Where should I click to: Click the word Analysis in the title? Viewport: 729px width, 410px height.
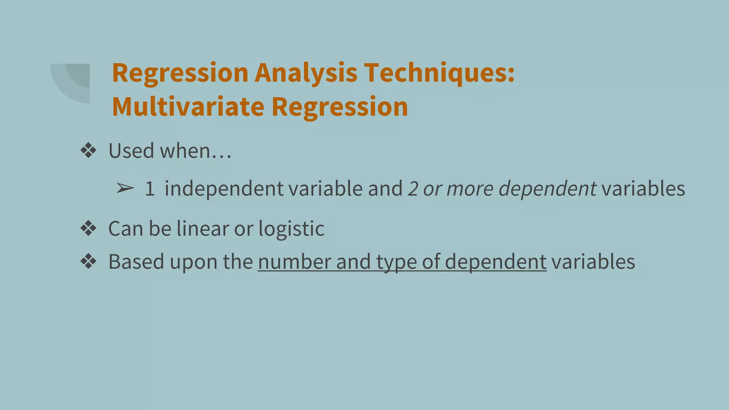point(306,73)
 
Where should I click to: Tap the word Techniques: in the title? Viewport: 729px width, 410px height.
point(439,73)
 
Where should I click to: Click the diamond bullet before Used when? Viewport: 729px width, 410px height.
point(88,151)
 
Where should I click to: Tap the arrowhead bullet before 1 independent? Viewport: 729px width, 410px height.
point(125,188)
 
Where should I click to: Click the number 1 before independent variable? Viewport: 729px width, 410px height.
point(150,189)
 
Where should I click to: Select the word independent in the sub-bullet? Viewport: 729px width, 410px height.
point(224,189)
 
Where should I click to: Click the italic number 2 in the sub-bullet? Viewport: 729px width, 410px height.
point(413,189)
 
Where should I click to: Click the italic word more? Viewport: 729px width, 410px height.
point(470,189)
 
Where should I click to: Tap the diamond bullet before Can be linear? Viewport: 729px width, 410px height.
point(88,228)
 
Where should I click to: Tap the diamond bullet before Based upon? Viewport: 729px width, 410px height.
point(88,262)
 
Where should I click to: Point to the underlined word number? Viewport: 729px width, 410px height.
point(294,262)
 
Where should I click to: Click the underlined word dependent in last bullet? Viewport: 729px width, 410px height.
point(495,262)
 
